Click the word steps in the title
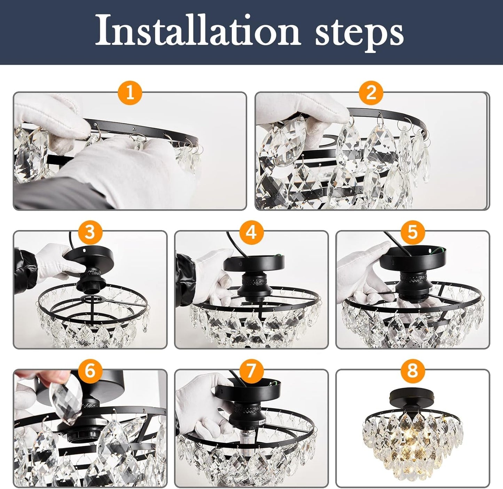pyautogui.click(x=359, y=33)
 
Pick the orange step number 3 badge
pyautogui.click(x=90, y=232)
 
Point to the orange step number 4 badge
pyautogui.click(x=251, y=232)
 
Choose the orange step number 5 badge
pyautogui.click(x=412, y=232)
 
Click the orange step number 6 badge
pyautogui.click(x=90, y=371)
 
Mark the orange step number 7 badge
pyautogui.click(x=251, y=371)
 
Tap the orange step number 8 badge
pyautogui.click(x=412, y=371)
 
